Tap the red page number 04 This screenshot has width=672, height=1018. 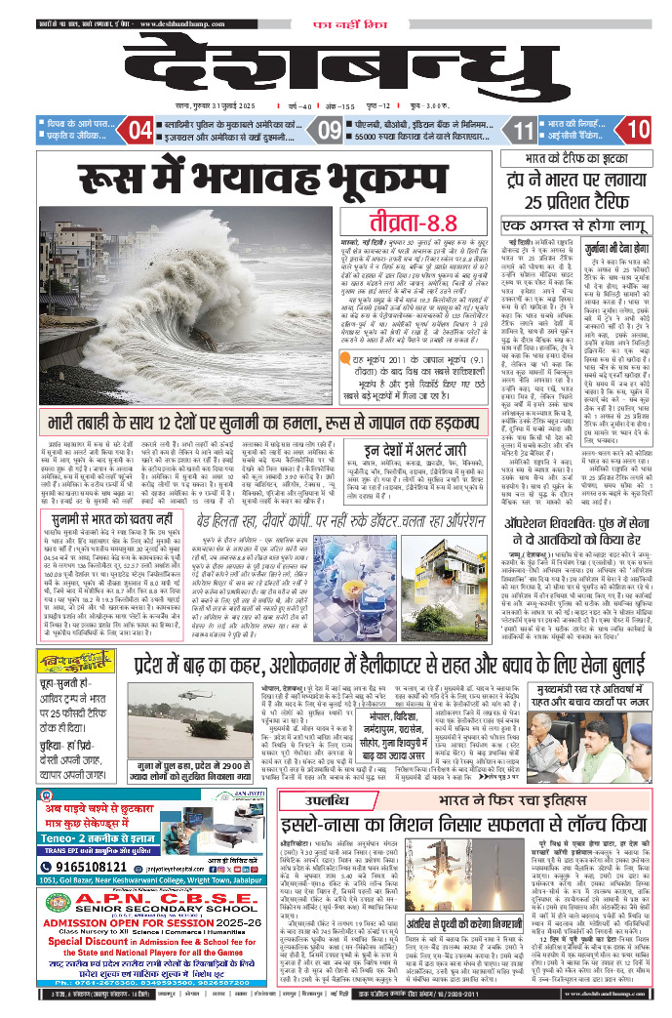140,129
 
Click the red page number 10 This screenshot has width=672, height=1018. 639,129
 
